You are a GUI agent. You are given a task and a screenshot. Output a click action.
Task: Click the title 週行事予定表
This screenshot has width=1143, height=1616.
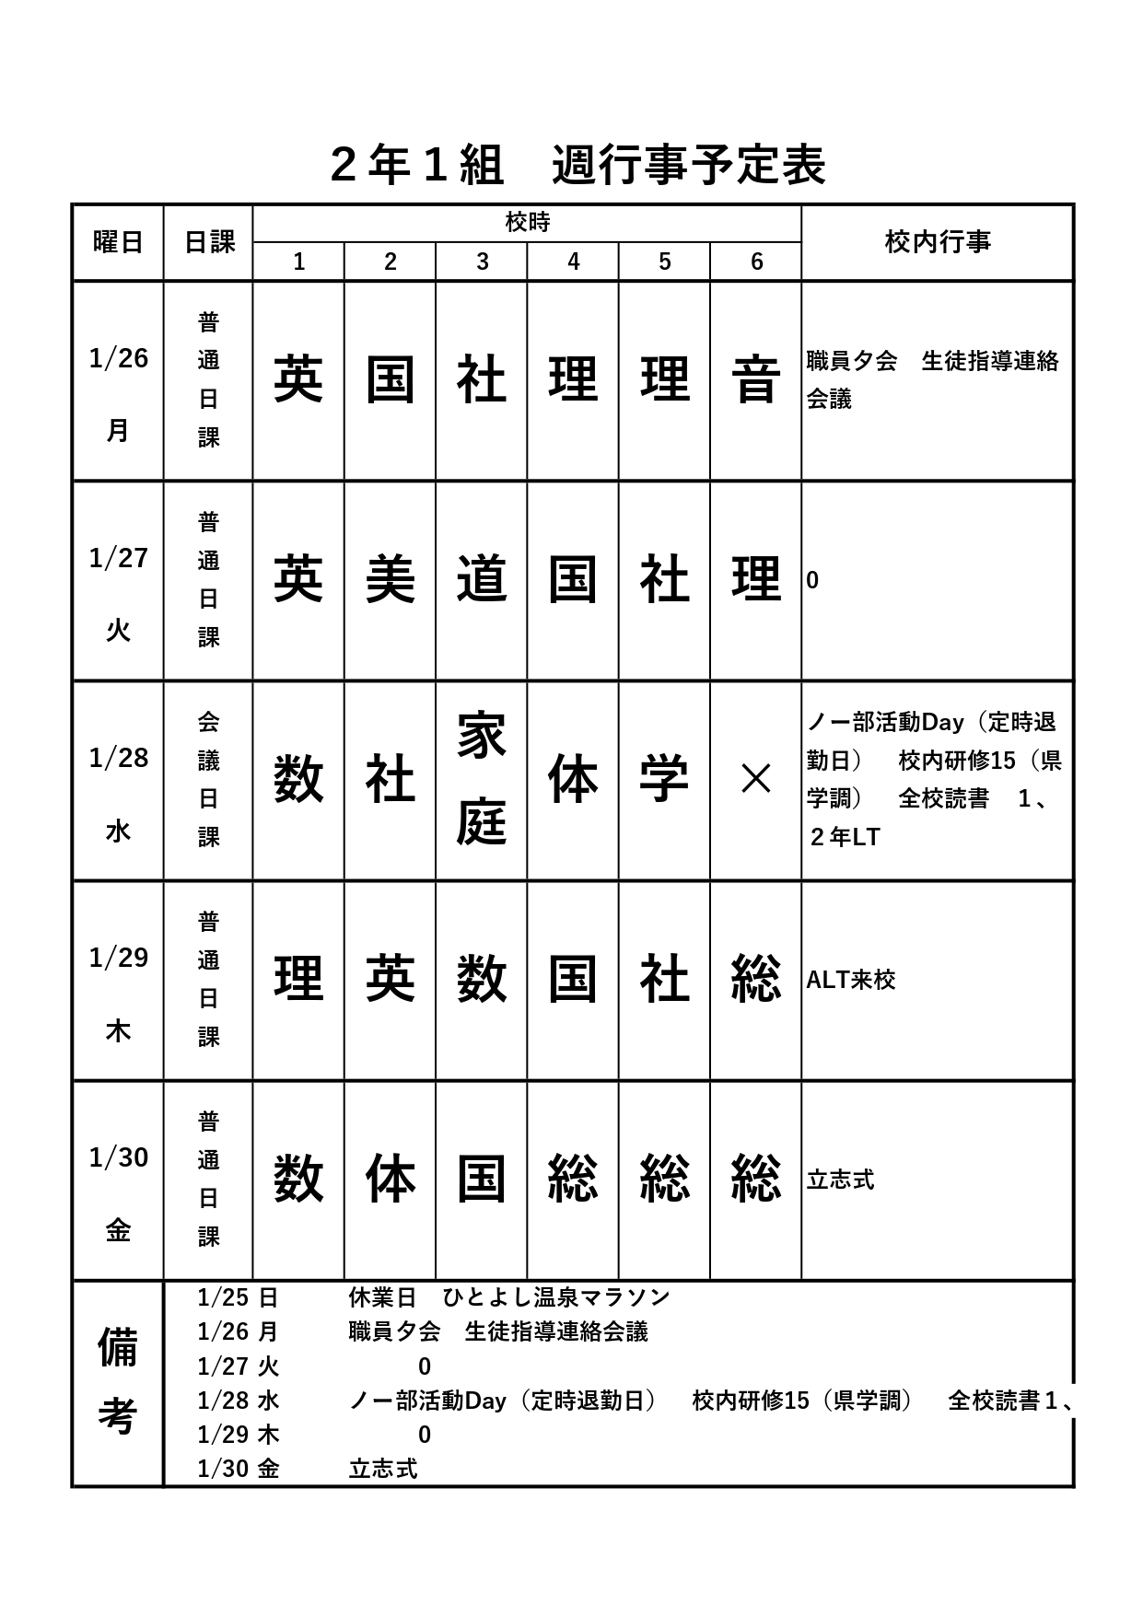(688, 167)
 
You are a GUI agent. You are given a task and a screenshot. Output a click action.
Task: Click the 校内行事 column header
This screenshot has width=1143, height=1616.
(937, 242)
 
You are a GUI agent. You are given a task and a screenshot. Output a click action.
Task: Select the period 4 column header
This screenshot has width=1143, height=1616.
(573, 262)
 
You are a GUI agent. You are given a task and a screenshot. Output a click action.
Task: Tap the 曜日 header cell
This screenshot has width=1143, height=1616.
(118, 242)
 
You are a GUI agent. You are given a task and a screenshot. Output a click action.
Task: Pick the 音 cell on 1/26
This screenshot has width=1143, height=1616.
(755, 380)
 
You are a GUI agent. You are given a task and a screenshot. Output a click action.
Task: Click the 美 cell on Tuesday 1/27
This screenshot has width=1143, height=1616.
(390, 580)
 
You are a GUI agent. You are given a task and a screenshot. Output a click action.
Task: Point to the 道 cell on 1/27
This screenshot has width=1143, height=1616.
(481, 580)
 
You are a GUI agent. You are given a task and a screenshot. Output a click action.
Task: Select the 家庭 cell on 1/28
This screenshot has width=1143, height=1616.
(481, 780)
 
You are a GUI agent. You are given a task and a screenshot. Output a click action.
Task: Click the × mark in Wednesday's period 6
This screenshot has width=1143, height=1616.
(755, 780)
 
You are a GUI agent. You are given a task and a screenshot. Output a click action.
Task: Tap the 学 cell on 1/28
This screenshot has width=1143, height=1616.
(664, 780)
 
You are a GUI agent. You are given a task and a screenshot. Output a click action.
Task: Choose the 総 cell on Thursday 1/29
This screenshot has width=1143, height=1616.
(755, 979)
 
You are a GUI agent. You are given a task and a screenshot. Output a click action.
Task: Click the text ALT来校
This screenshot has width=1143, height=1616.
(850, 980)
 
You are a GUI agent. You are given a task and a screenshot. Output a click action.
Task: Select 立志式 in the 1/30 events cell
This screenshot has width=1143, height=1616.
(840, 1180)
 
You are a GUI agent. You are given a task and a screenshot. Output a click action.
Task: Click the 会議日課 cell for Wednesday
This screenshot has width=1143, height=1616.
(208, 780)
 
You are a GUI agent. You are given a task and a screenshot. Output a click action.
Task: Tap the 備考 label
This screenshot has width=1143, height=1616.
(117, 1382)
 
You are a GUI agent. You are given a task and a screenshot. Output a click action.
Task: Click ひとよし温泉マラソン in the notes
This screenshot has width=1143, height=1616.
(556, 1297)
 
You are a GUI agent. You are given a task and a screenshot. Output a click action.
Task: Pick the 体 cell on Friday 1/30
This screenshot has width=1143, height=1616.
(390, 1179)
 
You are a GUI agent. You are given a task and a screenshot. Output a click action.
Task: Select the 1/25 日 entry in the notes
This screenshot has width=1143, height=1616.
(238, 1297)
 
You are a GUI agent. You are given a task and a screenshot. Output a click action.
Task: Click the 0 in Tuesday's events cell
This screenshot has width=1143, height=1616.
(812, 581)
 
